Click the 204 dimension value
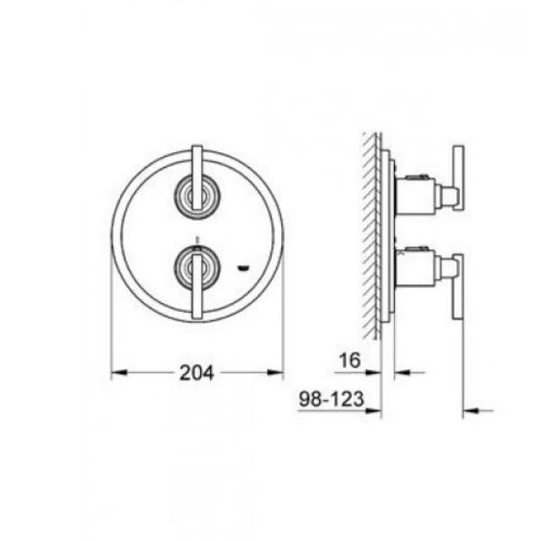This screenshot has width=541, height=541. [x=197, y=373]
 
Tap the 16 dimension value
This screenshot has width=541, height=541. [x=350, y=360]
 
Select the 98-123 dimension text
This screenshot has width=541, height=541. [x=331, y=399]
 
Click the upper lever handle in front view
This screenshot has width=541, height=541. [x=197, y=178]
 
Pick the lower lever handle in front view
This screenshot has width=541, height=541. [x=197, y=287]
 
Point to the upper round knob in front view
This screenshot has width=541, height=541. [x=197, y=197]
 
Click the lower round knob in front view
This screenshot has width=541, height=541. [x=197, y=268]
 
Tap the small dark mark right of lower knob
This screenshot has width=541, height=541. [x=243, y=267]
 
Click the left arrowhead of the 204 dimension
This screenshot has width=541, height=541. [x=120, y=372]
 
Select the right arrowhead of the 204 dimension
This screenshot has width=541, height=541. [x=275, y=372]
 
